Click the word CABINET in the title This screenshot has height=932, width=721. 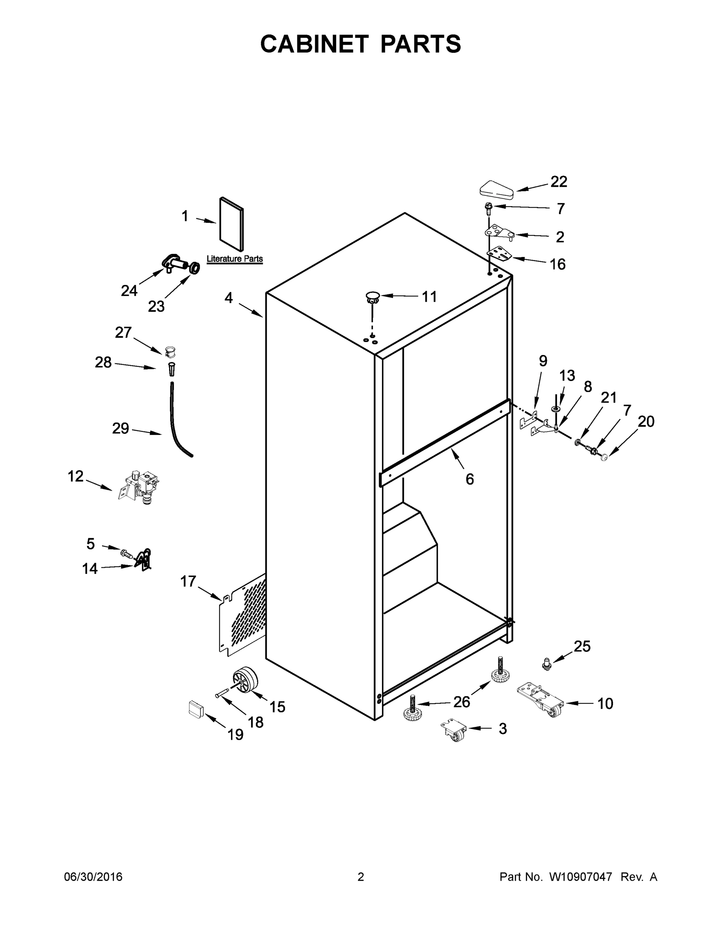pos(314,44)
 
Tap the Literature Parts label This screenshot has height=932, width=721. pos(234,259)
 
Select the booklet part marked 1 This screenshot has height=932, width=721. pos(232,224)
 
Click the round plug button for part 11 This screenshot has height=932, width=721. pos(372,296)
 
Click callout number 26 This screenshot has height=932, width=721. pos(461,702)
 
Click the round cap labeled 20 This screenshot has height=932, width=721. pos(604,457)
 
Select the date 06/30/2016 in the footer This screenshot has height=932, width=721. pos(93,877)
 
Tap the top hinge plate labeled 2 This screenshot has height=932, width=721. pos(500,233)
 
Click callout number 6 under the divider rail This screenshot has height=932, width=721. pos(470,479)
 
